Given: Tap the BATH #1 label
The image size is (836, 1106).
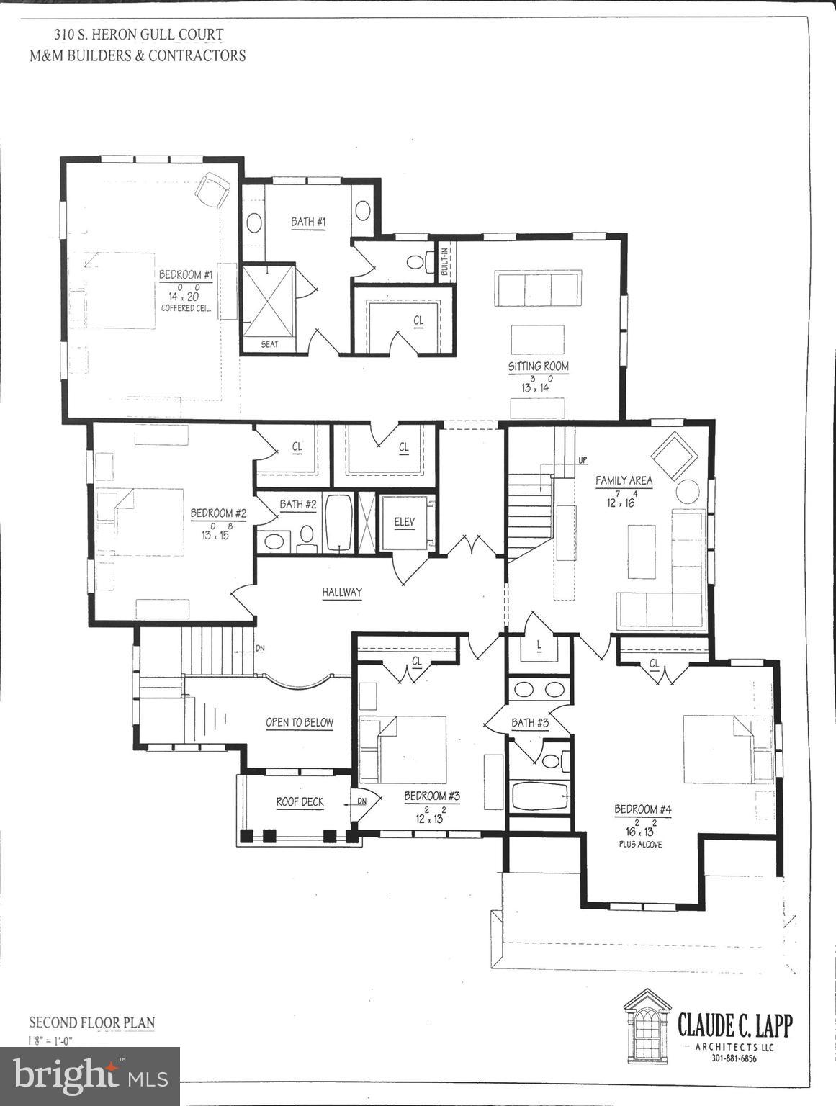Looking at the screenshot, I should tap(308, 222).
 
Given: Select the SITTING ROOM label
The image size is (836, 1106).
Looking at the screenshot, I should tap(538, 367).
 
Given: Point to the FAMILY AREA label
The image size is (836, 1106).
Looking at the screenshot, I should tap(624, 480).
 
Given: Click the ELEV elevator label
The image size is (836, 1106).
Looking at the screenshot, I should tap(405, 522).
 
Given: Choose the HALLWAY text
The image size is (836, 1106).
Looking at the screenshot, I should tap(341, 593).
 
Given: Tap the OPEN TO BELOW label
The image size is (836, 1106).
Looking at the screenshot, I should tap(300, 722).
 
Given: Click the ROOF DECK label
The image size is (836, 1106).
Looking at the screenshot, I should tap(300, 801).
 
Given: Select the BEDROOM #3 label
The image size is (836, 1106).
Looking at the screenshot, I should tap(431, 796).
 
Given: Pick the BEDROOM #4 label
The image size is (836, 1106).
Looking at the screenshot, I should tap(642, 809).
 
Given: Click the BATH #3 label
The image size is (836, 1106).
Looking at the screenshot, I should tap(530, 722).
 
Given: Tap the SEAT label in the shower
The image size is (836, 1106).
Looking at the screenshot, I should tap(269, 344).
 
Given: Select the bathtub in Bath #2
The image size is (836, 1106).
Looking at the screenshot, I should tap(338, 523).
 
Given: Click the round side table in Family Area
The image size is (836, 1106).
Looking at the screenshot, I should tap(687, 491).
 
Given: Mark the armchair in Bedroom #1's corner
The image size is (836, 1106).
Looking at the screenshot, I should tap(212, 190).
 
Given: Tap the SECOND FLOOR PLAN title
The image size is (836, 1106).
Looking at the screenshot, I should tap(91, 1022).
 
